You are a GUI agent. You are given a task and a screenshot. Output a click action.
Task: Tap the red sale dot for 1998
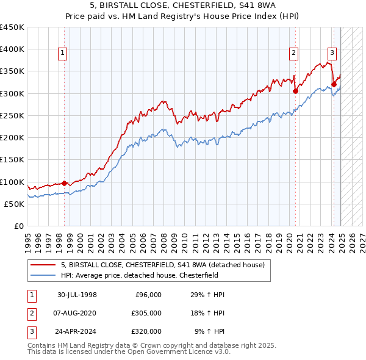click(64, 183)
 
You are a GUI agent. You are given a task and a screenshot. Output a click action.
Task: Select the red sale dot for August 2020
click(295, 91)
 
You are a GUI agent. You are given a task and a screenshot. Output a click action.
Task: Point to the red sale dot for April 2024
click(334, 84)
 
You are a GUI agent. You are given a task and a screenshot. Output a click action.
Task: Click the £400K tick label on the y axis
click(12, 49)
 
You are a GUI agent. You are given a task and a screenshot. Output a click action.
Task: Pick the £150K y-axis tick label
click(12, 160)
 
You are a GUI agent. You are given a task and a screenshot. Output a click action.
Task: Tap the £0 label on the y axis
click(19, 226)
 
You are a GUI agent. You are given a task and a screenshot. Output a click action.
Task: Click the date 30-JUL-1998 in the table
click(77, 295)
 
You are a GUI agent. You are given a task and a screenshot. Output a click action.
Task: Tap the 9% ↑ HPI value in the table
click(210, 331)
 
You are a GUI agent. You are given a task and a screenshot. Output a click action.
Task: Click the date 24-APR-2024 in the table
click(77, 331)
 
